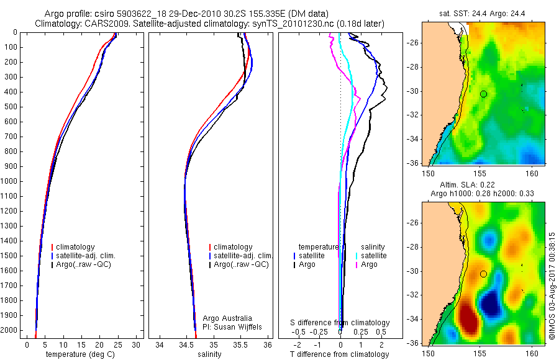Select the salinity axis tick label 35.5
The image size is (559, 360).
(242, 344)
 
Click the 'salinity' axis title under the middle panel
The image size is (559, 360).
(209, 354)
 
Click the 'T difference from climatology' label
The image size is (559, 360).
(339, 354)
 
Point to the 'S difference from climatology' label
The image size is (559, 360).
(340, 323)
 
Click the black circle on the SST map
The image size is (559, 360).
(483, 94)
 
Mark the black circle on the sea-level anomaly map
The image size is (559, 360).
(483, 274)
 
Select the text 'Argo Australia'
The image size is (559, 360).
(227, 318)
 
